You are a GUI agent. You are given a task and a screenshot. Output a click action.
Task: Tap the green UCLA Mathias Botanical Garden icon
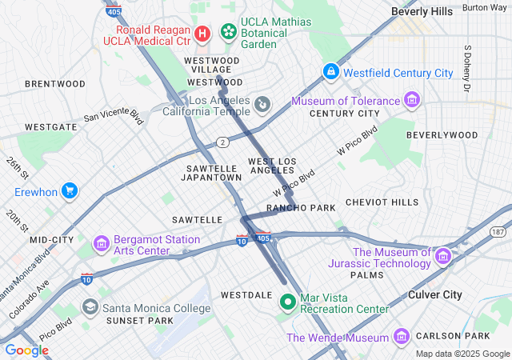(229, 32)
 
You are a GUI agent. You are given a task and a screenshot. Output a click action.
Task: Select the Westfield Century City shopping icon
(330, 72)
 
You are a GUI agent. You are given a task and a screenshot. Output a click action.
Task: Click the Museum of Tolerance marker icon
(411, 101)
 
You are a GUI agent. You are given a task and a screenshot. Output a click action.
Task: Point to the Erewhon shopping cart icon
(70, 191)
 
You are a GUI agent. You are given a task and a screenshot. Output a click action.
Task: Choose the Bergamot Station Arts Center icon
(102, 242)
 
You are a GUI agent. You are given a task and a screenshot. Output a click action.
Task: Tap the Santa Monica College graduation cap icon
(90, 307)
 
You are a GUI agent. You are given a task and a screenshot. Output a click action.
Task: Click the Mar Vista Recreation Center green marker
(288, 302)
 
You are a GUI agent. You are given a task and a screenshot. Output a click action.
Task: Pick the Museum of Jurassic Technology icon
(443, 257)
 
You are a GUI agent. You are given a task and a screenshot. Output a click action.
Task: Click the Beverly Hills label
(422, 12)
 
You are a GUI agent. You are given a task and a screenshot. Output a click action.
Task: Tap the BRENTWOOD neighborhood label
(55, 83)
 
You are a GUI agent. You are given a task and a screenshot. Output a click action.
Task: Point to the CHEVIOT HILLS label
(382, 202)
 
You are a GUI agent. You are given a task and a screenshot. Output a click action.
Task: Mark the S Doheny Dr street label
(467, 67)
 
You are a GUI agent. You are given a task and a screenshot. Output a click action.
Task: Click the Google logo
(27, 350)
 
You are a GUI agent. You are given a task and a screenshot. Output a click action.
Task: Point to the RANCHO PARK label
(301, 208)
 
